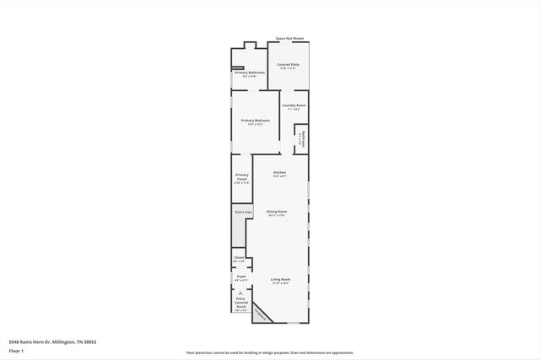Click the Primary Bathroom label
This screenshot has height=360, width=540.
tap(250, 73)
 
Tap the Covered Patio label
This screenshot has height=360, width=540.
tap(289, 64)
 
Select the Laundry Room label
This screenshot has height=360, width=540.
tap(294, 105)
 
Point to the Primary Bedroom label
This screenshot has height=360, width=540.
tap(255, 121)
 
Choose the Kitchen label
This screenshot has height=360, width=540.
tap(279, 172)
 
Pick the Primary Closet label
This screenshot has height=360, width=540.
tap(241, 177)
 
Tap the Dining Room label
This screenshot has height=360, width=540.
tap(277, 211)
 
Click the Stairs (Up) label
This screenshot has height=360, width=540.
tap(243, 212)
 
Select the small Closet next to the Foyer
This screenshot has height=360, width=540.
tap(239, 257)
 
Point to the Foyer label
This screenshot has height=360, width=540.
tap(240, 276)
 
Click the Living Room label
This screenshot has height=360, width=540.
tap(280, 279)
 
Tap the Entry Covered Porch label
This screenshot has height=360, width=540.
tap(241, 302)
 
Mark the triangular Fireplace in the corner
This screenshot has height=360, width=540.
tap(262, 313)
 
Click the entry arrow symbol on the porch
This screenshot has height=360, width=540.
tap(240, 293)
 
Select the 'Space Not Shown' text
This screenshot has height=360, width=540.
tap(289, 39)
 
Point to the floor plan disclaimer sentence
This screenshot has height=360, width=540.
tap(270, 353)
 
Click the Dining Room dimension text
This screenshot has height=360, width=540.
tap(277, 216)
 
